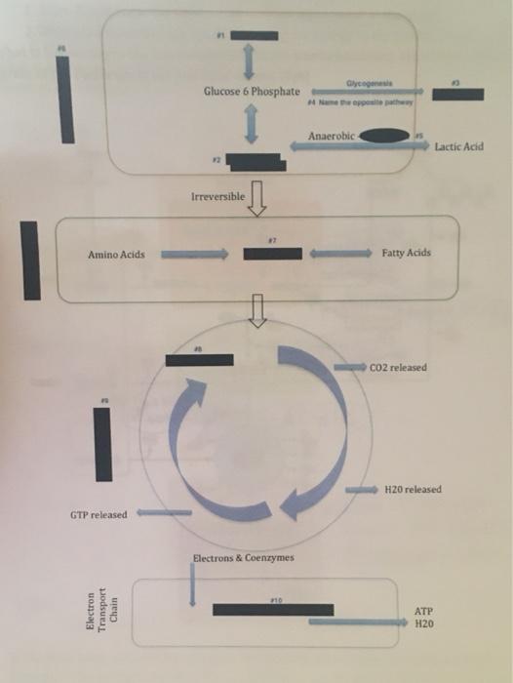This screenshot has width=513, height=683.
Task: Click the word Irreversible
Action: pos(217,196)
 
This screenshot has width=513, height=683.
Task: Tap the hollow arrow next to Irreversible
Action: pos(258,197)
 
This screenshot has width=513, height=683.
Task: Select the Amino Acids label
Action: pos(116,254)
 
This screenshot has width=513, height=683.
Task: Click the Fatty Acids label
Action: pos(406,253)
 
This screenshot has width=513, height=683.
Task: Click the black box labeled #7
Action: pos(272,254)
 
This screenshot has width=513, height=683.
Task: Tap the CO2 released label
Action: pos(397,368)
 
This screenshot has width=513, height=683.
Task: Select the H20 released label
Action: pos(413,489)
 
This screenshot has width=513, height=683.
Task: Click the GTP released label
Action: pos(98,514)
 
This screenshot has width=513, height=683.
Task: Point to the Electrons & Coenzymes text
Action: pos(244,557)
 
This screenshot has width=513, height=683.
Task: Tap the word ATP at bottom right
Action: pos(422,610)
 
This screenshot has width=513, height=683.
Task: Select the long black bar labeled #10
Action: pos(273,610)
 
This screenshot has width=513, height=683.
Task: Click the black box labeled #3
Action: pos(457,94)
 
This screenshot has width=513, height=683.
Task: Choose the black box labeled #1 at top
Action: pos(254,36)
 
